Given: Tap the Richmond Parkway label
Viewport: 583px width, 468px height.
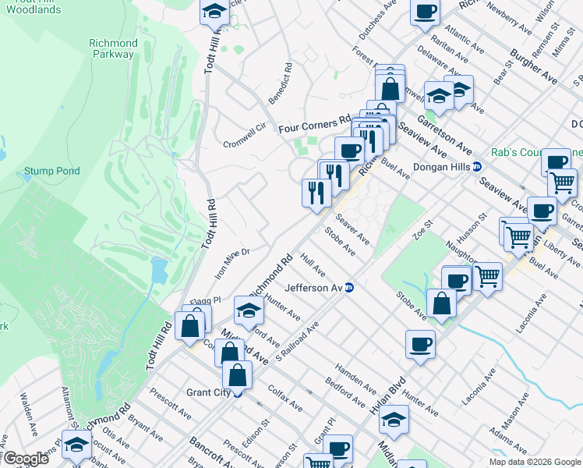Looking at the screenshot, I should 114,48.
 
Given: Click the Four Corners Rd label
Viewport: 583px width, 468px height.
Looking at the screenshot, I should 316,123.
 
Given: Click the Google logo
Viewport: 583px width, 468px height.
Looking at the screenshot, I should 26,459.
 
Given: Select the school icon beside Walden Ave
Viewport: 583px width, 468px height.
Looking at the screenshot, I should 76,445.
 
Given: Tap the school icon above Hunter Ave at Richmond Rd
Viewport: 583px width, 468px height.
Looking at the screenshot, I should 249,310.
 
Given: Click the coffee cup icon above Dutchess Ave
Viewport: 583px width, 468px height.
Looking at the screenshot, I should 426,12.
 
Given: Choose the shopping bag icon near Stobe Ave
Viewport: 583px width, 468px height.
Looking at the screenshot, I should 442,304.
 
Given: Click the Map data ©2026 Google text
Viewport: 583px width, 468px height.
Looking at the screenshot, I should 534,462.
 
